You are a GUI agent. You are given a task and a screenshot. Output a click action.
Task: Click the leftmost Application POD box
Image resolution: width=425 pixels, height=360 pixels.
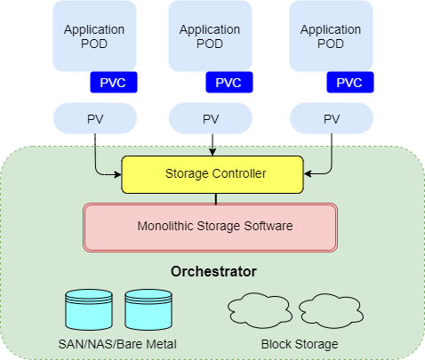[x=94, y=36]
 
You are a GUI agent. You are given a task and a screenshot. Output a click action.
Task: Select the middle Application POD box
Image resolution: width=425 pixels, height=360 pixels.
[x=210, y=36]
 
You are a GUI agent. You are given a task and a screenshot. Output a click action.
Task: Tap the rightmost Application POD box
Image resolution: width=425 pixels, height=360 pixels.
[x=331, y=36]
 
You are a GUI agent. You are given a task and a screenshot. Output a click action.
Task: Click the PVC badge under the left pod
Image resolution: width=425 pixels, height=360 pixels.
[x=114, y=83]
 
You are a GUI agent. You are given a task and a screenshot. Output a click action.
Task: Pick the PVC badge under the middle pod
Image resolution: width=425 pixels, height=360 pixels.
[x=229, y=83]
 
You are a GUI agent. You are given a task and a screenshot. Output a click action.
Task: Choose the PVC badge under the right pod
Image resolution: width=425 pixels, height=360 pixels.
[x=350, y=83]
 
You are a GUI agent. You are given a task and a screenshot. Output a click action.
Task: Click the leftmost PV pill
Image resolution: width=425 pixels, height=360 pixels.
[x=95, y=118]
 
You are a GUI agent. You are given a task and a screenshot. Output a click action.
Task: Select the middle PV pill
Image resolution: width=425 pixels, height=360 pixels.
[x=211, y=118]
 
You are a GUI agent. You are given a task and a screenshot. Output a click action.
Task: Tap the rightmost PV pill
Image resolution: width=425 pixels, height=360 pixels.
[x=332, y=118]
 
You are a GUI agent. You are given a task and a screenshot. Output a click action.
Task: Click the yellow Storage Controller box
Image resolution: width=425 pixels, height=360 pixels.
[x=212, y=174]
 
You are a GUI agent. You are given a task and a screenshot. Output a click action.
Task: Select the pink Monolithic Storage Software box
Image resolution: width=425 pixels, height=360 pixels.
[x=210, y=228]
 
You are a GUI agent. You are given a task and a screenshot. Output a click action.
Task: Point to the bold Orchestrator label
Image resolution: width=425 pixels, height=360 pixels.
[x=213, y=271]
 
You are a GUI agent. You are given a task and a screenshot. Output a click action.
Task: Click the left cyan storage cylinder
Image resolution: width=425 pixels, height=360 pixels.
[x=89, y=310]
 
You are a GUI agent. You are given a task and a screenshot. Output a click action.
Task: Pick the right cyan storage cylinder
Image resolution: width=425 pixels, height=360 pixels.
[x=148, y=310]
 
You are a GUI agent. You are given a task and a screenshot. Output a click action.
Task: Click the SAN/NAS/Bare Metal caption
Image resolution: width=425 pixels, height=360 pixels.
[x=117, y=344]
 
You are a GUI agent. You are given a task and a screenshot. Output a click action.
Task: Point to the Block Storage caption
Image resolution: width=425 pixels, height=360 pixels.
[x=300, y=344]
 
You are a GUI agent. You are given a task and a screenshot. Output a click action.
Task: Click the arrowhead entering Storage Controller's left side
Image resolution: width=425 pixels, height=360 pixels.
[x=118, y=174]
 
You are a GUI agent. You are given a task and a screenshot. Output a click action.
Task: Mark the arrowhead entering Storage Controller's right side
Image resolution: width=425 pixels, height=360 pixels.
[x=308, y=173]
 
